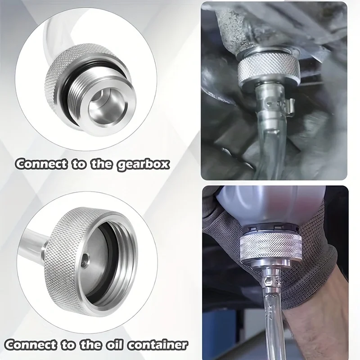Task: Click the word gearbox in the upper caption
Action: (x=144, y=164)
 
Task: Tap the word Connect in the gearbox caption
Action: (x=41, y=164)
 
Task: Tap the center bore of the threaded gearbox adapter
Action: (x=104, y=106)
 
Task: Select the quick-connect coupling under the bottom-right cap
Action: (x=272, y=280)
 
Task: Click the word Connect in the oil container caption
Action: (x=31, y=345)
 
